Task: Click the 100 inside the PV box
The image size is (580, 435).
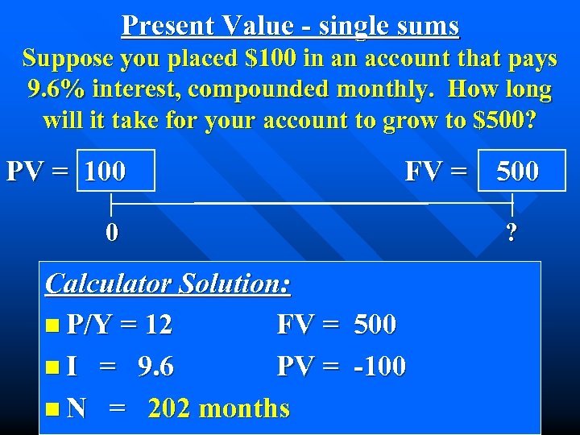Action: pos(105,171)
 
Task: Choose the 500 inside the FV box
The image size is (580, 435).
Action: pos(517,171)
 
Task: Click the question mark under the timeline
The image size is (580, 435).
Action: pos(512,234)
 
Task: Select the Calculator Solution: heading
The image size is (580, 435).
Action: pos(168,283)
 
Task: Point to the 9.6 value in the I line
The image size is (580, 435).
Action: pos(155,367)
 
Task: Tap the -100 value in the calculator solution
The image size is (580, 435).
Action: pos(379,367)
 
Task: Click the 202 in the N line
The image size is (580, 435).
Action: pos(169,408)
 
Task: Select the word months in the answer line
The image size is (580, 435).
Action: pos(244,408)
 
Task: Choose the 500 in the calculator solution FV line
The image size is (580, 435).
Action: pos(375,325)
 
